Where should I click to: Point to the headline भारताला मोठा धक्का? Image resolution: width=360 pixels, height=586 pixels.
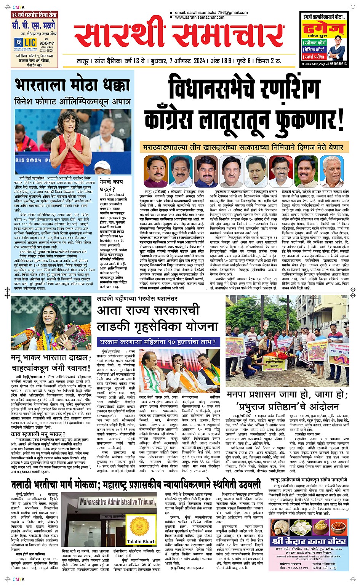point(73,86)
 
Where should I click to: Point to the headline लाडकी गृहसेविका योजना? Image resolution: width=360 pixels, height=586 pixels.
point(157,326)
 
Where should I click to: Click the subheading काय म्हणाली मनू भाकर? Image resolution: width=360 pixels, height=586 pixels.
point(38,434)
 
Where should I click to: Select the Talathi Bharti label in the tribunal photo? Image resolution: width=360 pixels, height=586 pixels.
point(141,541)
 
